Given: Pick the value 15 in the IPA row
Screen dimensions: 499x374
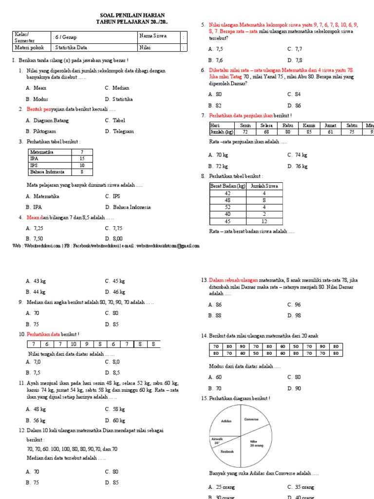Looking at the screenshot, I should point(82,158).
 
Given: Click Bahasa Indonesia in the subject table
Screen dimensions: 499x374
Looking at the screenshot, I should point(47,172).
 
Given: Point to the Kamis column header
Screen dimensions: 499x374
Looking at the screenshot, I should point(309,125).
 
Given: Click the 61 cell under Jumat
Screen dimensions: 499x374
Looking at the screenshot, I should point(330,132).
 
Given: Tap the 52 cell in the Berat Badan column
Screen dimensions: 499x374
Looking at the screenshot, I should point(228,207).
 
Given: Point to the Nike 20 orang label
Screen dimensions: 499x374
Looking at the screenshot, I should point(257,443).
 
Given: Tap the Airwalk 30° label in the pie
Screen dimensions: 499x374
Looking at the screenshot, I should point(217,441).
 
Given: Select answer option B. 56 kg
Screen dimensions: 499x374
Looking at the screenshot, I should point(36,420).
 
